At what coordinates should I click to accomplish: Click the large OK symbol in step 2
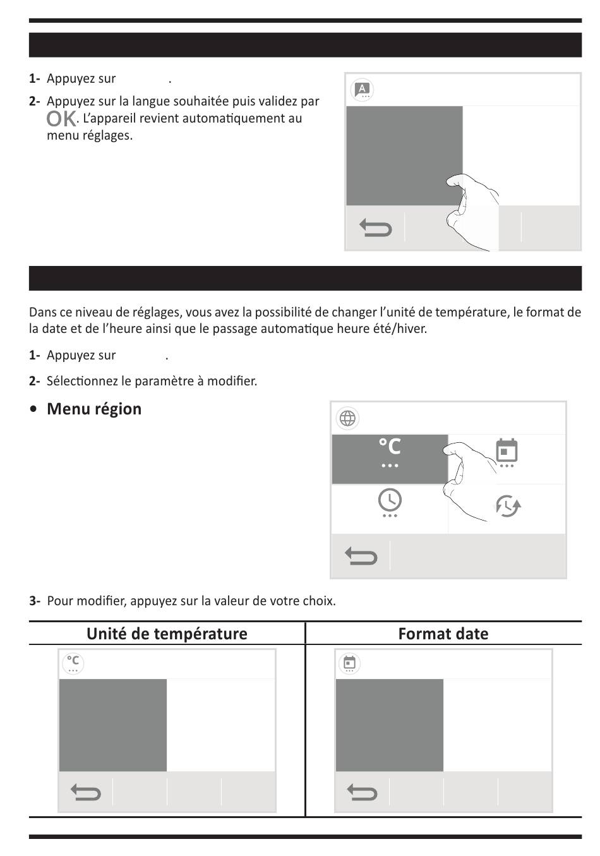click(61, 119)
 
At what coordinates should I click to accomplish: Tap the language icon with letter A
click(362, 90)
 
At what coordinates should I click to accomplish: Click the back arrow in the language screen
click(376, 227)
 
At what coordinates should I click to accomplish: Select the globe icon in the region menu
click(347, 418)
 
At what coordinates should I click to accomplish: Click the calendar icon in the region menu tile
click(507, 452)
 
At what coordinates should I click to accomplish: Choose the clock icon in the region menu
click(390, 502)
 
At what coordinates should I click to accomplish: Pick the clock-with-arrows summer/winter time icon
click(507, 506)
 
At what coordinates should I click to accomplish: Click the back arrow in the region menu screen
click(361, 556)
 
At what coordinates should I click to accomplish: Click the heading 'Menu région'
click(94, 409)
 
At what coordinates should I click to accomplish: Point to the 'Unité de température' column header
click(167, 634)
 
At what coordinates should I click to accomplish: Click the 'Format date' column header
click(443, 634)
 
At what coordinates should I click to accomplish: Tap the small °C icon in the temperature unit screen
click(73, 663)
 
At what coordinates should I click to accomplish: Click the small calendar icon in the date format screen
click(349, 663)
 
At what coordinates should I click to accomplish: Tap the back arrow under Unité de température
click(86, 792)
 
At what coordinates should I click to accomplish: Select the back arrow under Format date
click(362, 792)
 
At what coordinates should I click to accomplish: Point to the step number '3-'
click(35, 601)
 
